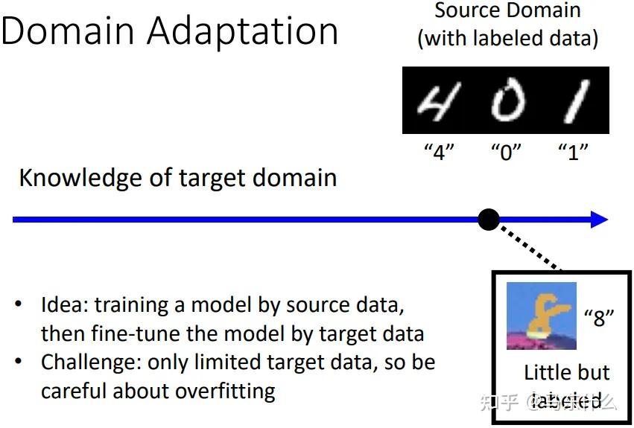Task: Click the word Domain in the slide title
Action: [67, 31]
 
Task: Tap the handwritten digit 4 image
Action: [439, 101]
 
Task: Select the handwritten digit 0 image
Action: [507, 101]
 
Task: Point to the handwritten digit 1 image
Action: [574, 101]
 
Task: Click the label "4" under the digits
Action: [439, 151]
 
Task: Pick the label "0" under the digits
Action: [506, 151]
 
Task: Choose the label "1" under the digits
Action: [573, 151]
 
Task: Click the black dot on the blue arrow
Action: [488, 219]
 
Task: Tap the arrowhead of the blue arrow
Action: [599, 219]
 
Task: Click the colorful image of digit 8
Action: [540, 316]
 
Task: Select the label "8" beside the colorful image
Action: [599, 317]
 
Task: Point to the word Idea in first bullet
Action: [58, 305]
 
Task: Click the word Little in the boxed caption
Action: [548, 372]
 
